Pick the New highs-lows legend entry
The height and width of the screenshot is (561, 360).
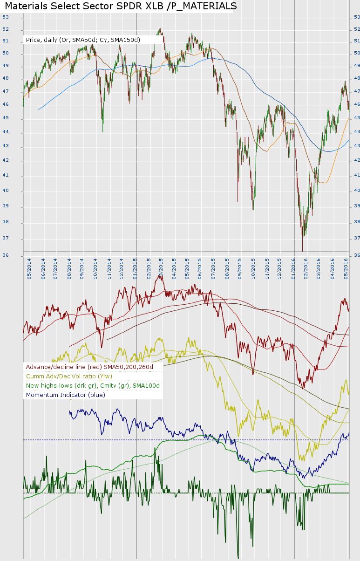click(93, 385)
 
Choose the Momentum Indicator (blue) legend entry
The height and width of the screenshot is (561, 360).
click(66, 395)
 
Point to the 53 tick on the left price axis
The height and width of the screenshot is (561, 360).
click(6, 17)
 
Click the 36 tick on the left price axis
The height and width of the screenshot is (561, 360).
click(6, 255)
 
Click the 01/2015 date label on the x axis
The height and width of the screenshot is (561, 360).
click(135, 269)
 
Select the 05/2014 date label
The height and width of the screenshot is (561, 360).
click(29, 269)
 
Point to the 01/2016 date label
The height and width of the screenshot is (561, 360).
click(293, 269)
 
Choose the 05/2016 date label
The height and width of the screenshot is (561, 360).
click(346, 269)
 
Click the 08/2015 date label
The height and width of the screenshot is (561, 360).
click(227, 269)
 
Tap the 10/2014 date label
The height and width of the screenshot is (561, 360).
click(95, 269)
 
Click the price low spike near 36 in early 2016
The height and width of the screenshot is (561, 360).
click(303, 250)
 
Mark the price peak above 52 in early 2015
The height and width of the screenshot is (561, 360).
click(160, 29)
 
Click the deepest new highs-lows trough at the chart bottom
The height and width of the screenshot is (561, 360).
click(238, 558)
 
